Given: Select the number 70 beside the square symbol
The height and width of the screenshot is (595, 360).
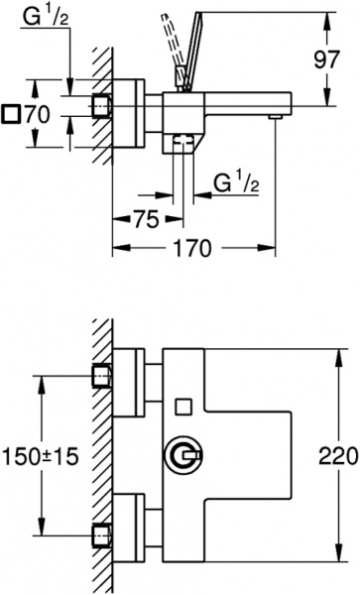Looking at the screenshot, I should (x=37, y=115).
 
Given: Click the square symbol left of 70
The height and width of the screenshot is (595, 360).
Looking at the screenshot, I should (x=11, y=115).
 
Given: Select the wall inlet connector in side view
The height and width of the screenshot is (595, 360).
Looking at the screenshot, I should (x=101, y=105).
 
